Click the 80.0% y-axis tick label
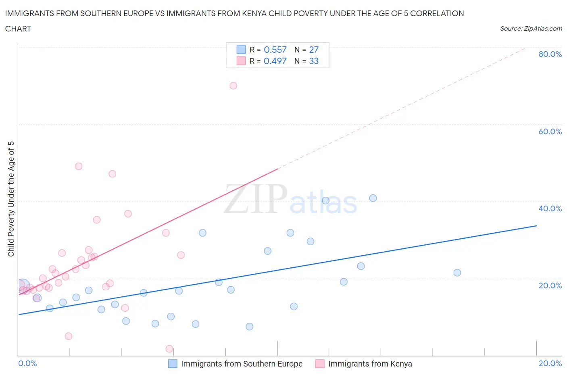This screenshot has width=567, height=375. coord(550,54)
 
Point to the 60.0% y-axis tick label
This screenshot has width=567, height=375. coord(550,131)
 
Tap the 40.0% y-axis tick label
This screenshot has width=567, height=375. coord(550,208)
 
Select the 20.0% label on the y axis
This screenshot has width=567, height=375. coord(550,285)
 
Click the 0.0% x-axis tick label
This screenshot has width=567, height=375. coord(27,363)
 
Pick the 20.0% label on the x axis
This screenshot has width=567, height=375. coord(550,363)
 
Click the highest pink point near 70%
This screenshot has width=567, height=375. coord(233,85)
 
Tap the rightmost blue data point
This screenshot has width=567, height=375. coord(457,273)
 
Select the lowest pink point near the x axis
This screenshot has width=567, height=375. coord(169,349)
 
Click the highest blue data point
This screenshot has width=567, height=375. coord(373,198)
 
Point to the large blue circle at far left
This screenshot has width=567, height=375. coord(23,286)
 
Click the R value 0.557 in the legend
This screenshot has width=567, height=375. coord(275,50)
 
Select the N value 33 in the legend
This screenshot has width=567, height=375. coord(314,61)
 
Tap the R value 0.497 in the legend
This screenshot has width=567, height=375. coord(275,61)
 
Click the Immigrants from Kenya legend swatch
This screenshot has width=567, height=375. coord(320,364)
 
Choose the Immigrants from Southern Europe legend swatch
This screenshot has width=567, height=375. coord(173,364)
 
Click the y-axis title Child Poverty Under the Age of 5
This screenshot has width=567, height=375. coord(11,199)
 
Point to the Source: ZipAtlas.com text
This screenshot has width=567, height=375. coord(531,29)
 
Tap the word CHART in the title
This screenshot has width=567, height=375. coord(18,29)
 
